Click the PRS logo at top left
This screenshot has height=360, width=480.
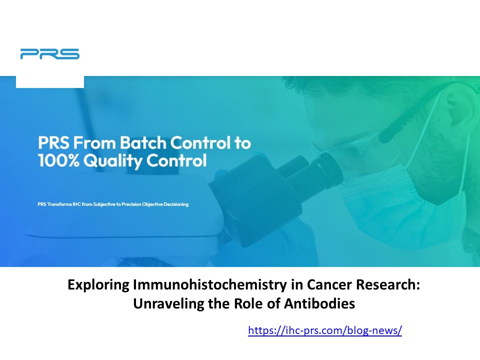tap(49, 54)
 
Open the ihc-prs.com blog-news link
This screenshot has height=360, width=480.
tap(324, 330)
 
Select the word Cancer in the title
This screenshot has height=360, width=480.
tap(340, 286)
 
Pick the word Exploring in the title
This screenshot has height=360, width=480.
tap(98, 286)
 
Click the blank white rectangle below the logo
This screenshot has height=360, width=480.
tap(49, 81)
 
